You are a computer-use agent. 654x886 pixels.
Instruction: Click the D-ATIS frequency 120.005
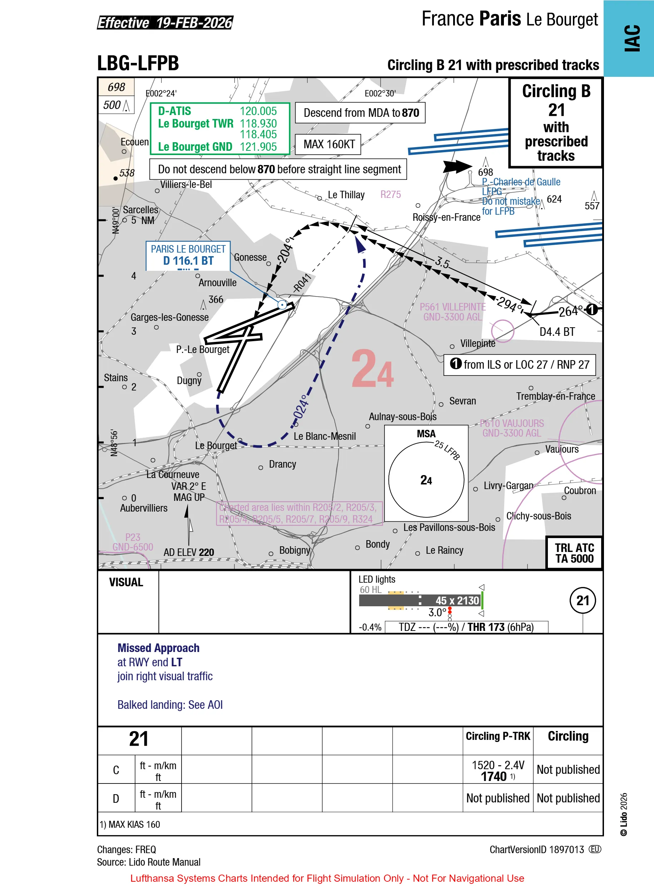[258, 111]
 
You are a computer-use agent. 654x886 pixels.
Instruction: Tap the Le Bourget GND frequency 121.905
[258, 147]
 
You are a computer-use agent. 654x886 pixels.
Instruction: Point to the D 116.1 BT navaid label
[188, 261]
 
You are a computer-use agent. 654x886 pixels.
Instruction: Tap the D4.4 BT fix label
[557, 332]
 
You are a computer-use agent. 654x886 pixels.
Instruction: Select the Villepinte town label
[477, 343]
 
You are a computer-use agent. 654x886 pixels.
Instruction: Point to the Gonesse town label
[250, 257]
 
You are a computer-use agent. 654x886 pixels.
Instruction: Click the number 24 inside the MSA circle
[426, 480]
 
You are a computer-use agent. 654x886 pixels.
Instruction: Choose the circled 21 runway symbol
[583, 600]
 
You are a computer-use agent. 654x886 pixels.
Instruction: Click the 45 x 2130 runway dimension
[457, 600]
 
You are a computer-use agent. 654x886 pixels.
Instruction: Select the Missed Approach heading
[158, 648]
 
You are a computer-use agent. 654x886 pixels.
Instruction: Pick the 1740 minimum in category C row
[494, 776]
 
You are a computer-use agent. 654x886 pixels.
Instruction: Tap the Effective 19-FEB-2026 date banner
[165, 23]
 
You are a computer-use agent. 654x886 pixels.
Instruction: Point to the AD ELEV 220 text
[189, 552]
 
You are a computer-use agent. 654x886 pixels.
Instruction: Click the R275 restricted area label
[390, 194]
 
